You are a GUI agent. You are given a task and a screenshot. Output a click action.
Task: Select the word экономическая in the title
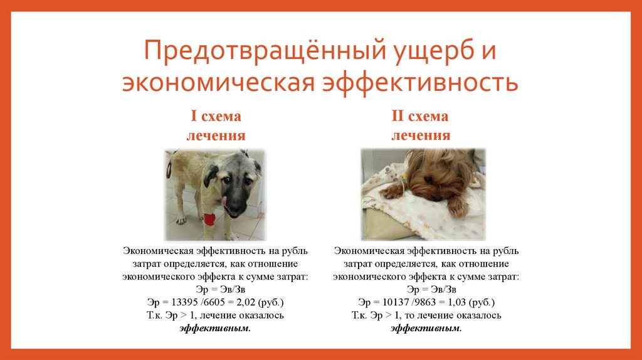point(219,84)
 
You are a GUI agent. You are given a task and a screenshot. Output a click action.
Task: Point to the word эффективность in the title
point(419,84)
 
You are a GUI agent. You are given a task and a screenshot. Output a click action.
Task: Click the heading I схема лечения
point(215,126)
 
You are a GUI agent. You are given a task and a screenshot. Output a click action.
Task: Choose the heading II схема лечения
point(421,126)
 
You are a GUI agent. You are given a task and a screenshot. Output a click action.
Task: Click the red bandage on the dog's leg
point(209,220)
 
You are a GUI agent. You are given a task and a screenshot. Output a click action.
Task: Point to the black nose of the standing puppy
point(235,208)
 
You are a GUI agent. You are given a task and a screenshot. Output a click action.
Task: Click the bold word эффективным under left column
point(215,328)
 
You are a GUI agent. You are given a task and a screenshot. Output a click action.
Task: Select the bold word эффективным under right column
point(426,328)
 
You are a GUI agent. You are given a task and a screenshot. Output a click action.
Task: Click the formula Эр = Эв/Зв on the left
point(215,289)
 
